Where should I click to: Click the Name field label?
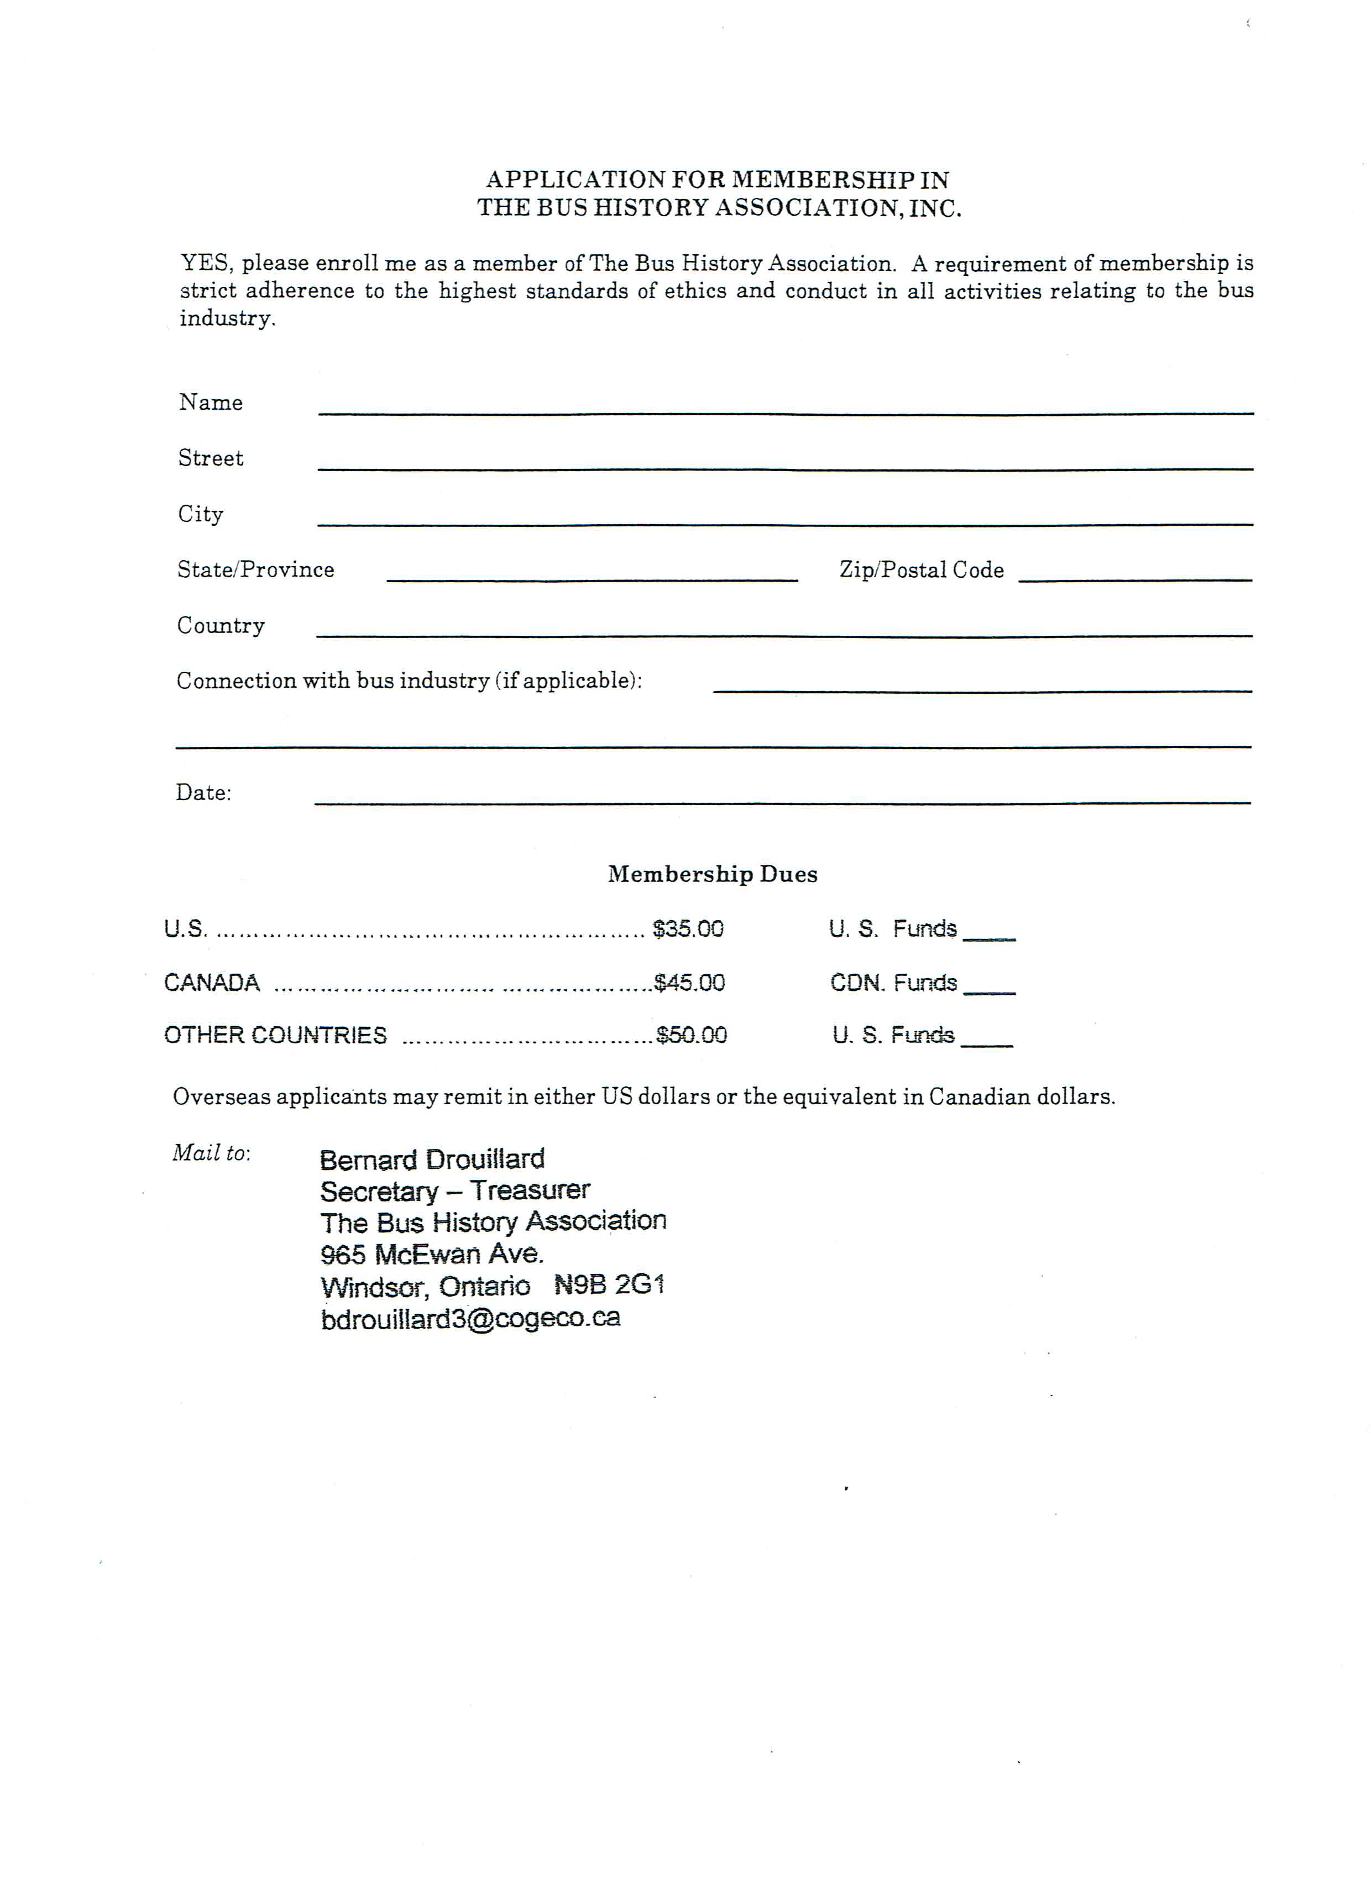pos(211,403)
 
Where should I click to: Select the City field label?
pos(201,514)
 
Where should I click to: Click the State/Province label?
pos(256,570)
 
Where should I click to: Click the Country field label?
pos(221,625)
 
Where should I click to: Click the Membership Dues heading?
pos(713,875)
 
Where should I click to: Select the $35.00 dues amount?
pos(688,929)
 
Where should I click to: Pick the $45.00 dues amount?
pos(689,983)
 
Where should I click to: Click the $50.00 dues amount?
pos(692,1035)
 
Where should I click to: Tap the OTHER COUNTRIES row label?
pos(276,1036)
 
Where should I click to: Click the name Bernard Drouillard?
pos(432,1160)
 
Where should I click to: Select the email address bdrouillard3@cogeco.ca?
pos(470,1318)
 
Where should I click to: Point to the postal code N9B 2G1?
pos(610,1285)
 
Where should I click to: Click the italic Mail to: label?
pos(211,1153)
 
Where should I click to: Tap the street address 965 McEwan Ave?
pos(432,1255)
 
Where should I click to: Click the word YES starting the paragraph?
pos(205,263)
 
